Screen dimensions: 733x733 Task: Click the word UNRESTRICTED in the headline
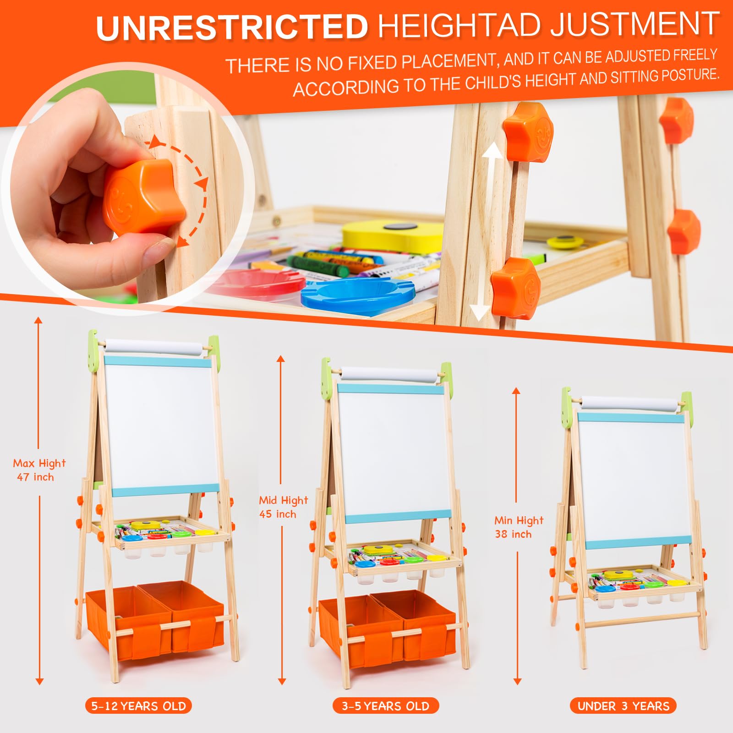232,27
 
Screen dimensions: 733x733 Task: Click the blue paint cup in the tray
358,296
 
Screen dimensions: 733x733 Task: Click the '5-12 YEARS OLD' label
138,706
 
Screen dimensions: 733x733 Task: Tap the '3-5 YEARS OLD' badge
386,706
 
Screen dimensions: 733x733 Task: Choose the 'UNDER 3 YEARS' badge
623,706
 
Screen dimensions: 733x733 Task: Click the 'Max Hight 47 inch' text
39,470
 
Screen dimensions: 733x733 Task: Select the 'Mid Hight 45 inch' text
283,507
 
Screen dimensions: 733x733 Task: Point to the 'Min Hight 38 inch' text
519,527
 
